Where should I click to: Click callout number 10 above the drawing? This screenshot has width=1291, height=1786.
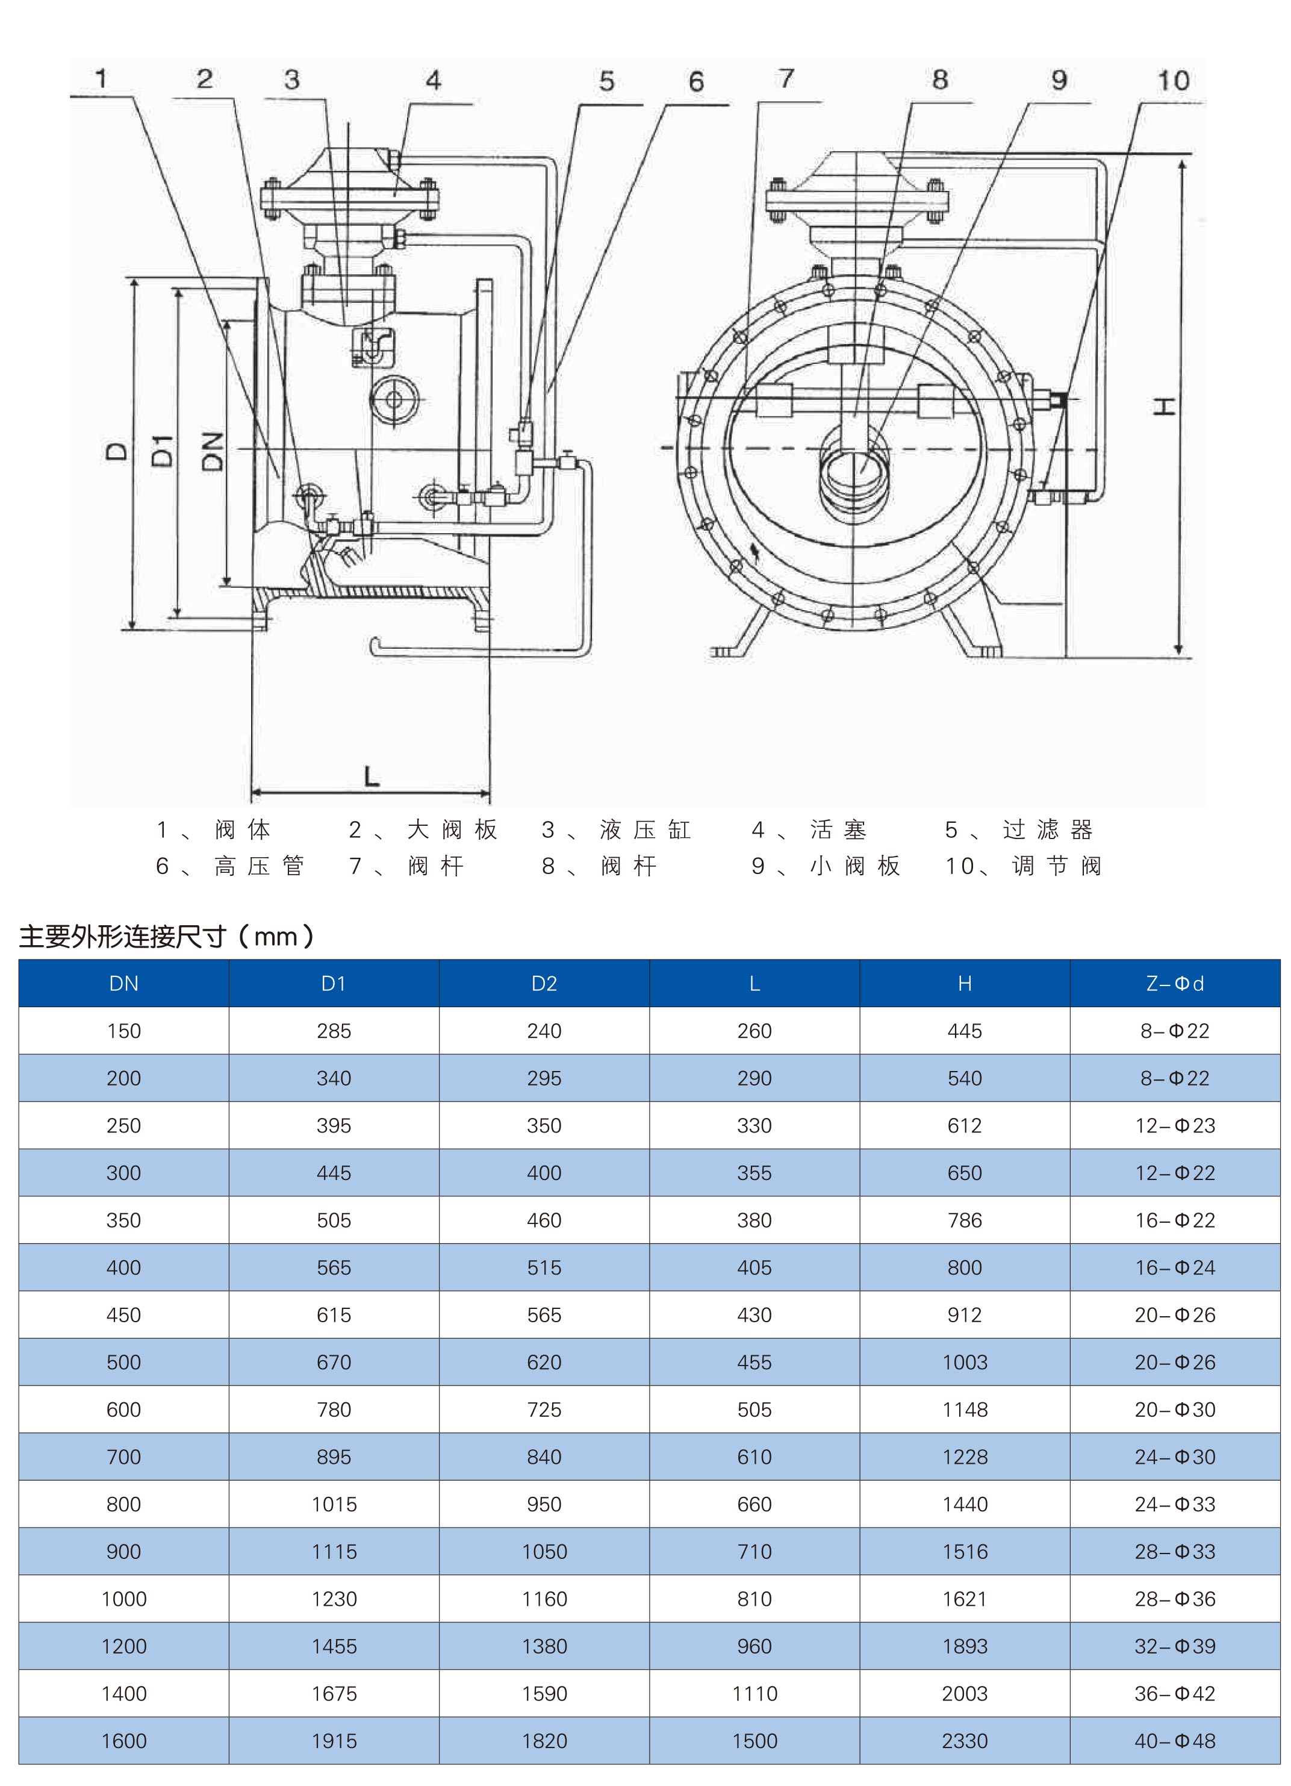tap(1172, 80)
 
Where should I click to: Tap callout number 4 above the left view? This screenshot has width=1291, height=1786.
tap(433, 80)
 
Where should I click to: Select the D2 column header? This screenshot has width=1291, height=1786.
tap(544, 983)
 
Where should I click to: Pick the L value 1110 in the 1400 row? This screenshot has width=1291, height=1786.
tap(754, 1693)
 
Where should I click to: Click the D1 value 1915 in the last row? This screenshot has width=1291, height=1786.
tap(334, 1740)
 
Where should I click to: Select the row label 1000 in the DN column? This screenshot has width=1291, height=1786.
tap(123, 1599)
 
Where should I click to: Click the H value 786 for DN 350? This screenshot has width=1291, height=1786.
tap(964, 1220)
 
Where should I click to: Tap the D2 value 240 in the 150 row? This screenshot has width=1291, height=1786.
tap(544, 1031)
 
